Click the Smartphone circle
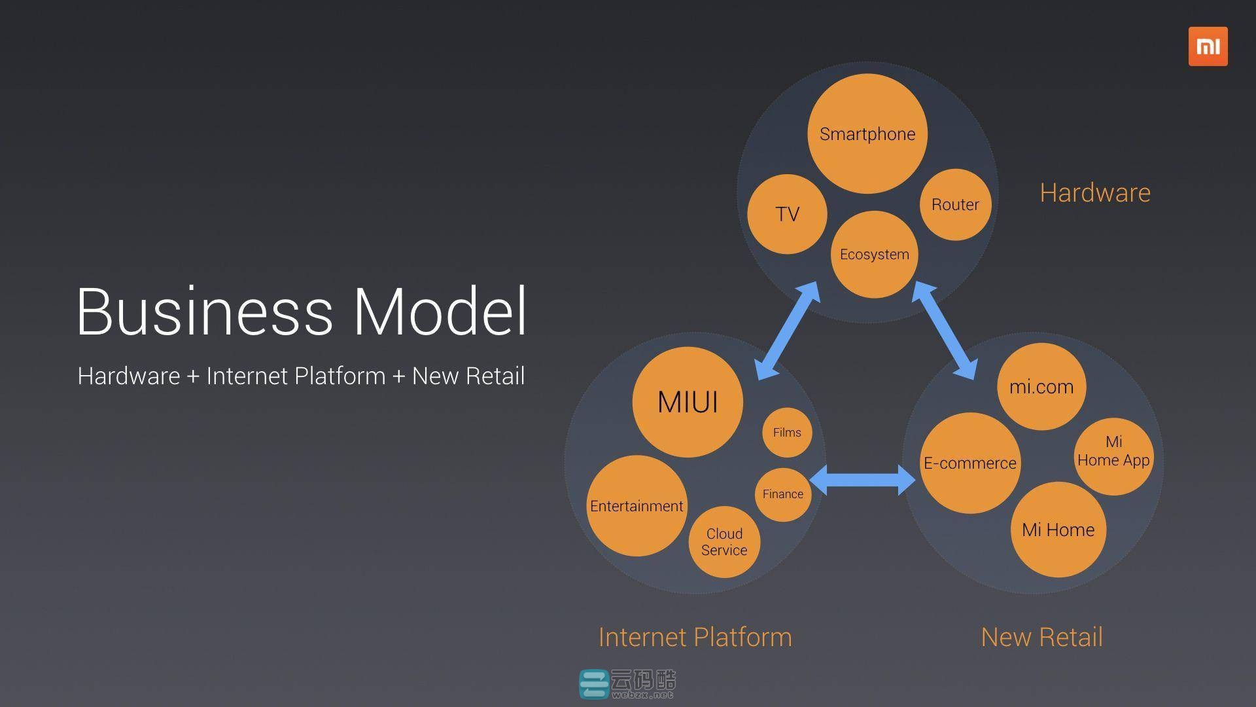point(867,134)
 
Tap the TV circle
point(787,214)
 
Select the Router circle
point(955,204)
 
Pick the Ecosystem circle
point(875,254)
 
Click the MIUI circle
point(688,402)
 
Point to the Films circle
point(787,432)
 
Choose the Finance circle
point(783,494)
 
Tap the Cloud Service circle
point(724,542)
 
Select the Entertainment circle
point(637,506)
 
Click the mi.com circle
point(1041,386)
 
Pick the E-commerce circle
point(970,463)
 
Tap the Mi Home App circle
point(1113,456)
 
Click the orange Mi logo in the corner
point(1208,46)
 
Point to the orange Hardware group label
point(1095,192)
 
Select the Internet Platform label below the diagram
point(695,637)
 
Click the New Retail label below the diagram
point(1042,637)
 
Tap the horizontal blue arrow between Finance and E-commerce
point(862,480)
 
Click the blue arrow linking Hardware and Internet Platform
point(787,331)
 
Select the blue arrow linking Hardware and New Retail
point(944,331)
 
